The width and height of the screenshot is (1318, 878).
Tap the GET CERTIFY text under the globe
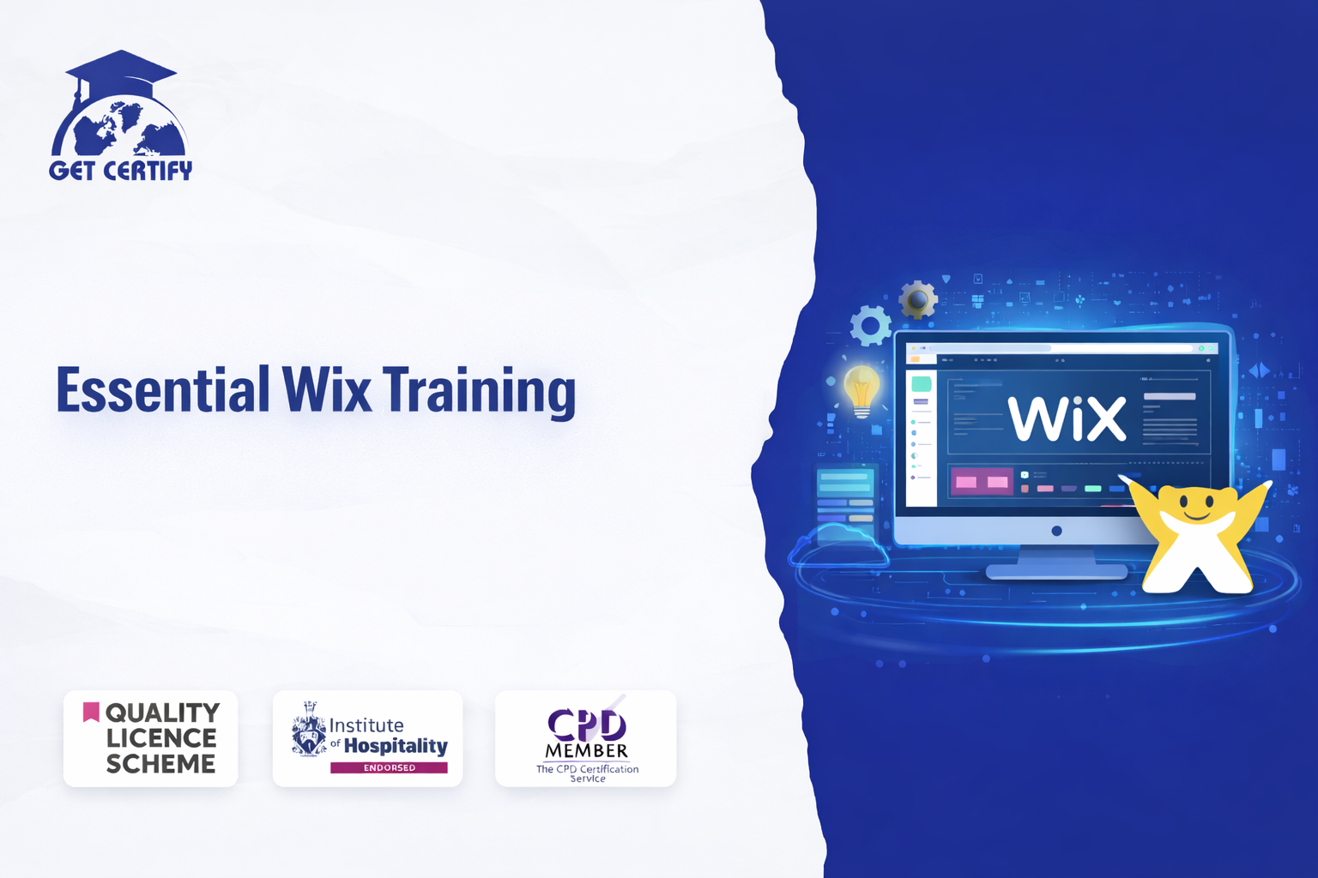click(x=121, y=171)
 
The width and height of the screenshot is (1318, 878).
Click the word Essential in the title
click(x=162, y=389)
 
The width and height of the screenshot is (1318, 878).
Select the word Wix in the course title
click(x=326, y=389)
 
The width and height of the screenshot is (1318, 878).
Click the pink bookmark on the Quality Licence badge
click(x=91, y=712)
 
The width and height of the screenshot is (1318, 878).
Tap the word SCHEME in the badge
click(x=160, y=764)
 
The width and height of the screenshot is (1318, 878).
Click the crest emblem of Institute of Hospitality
click(x=309, y=729)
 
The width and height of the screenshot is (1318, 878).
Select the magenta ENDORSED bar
click(x=389, y=767)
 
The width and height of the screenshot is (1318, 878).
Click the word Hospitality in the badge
click(x=396, y=746)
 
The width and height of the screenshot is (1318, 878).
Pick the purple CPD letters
click(x=587, y=725)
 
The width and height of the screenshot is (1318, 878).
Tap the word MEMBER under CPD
click(x=587, y=751)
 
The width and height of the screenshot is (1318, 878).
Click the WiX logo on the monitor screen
click(x=1067, y=418)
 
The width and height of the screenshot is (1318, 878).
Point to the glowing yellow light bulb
click(x=862, y=391)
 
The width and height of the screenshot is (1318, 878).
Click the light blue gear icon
click(x=871, y=325)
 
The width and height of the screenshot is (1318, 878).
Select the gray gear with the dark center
click(x=918, y=300)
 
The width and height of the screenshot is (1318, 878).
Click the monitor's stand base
click(x=1057, y=571)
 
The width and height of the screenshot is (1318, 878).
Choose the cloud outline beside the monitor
click(x=837, y=545)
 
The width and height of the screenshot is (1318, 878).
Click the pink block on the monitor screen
click(x=982, y=482)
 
